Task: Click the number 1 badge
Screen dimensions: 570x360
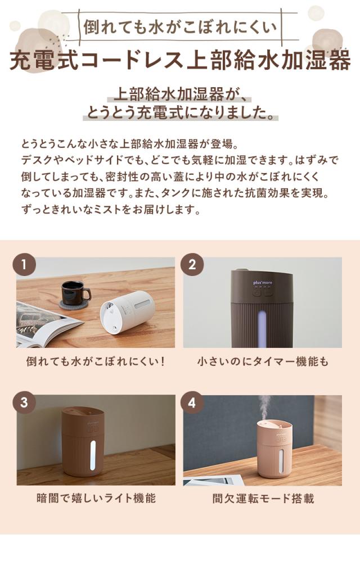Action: (x=24, y=264)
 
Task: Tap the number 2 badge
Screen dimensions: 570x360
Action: (x=191, y=264)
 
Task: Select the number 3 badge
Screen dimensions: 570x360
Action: (x=24, y=402)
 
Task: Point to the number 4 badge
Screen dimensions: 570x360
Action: (x=191, y=402)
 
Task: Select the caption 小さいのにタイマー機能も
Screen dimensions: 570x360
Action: (x=262, y=361)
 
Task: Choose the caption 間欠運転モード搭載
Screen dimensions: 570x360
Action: (x=262, y=498)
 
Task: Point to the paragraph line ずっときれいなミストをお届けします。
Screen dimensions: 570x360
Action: (x=110, y=211)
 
